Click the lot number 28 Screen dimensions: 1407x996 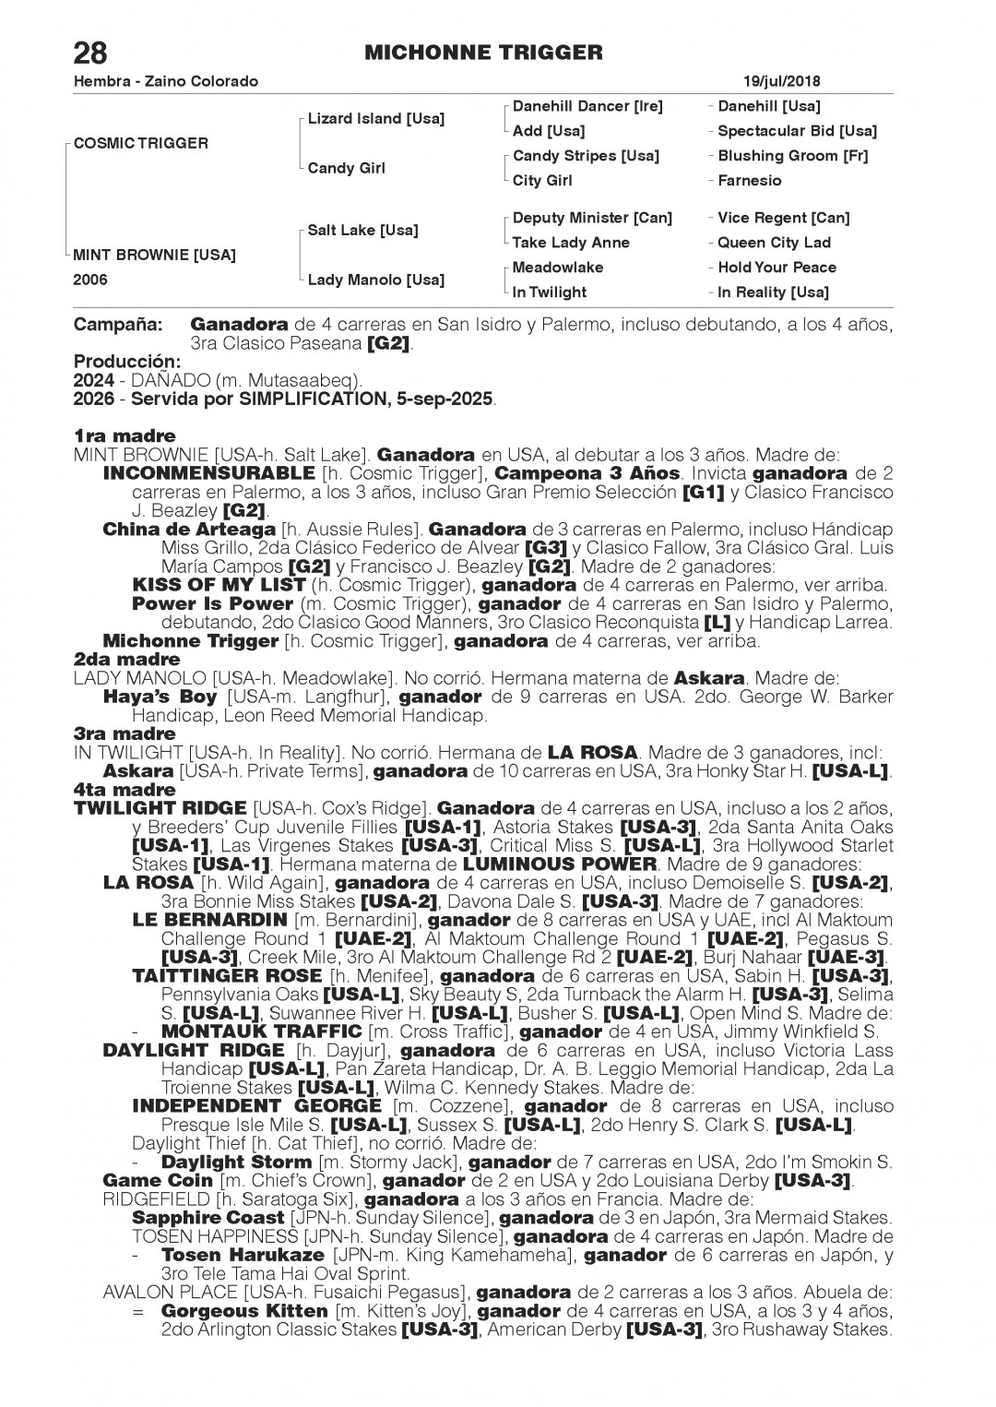(90, 52)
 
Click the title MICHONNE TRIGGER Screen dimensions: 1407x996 (483, 53)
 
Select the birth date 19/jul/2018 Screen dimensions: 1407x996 (781, 81)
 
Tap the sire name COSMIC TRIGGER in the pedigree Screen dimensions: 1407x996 (140, 143)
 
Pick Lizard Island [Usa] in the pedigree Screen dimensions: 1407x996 (375, 119)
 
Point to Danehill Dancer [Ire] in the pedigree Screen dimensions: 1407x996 (587, 106)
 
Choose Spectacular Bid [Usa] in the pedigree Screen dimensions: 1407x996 (796, 131)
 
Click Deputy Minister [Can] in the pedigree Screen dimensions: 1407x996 (591, 218)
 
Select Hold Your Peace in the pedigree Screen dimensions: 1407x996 (777, 268)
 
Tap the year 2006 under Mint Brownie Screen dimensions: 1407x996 (90, 280)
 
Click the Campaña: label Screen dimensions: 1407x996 (118, 325)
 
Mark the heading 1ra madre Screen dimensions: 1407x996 (125, 435)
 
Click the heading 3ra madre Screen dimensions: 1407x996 (125, 733)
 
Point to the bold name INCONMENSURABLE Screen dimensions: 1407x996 (208, 473)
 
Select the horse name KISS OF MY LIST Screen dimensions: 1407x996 (218, 585)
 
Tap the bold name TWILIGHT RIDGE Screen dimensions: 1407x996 (160, 808)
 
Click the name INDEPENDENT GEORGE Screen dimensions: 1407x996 (256, 1106)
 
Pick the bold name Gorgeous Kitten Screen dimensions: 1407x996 (243, 1311)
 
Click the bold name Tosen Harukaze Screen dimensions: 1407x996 (242, 1255)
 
